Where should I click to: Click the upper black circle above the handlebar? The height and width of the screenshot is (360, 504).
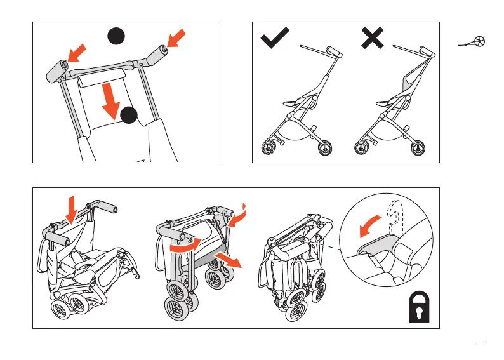pos(115,37)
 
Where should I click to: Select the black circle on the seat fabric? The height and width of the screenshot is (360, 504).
pos(129,114)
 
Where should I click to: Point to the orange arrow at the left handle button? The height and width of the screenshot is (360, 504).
pos(76,54)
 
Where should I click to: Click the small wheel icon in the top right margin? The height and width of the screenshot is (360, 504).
pos(480,42)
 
